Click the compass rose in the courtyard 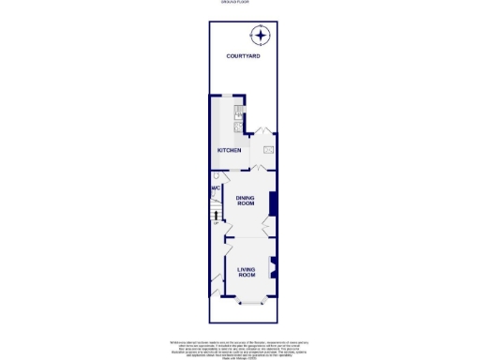[x=260, y=36]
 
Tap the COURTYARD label [x=243, y=57]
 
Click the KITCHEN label [x=230, y=150]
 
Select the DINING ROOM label [x=246, y=201]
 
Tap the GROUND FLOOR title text [x=239, y=3]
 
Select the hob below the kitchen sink [x=239, y=127]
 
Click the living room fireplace [x=274, y=266]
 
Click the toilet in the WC [x=216, y=176]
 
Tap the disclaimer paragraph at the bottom [x=239, y=346]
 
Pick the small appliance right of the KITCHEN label [x=267, y=150]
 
